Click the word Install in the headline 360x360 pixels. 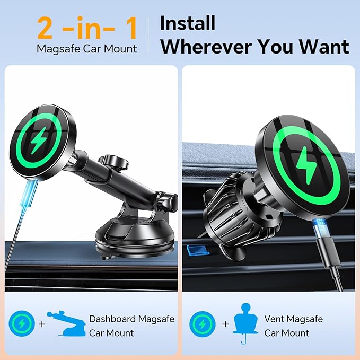[187, 23]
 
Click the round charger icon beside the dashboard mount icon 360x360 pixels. [22, 324]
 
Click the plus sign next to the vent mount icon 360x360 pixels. [225, 324]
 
